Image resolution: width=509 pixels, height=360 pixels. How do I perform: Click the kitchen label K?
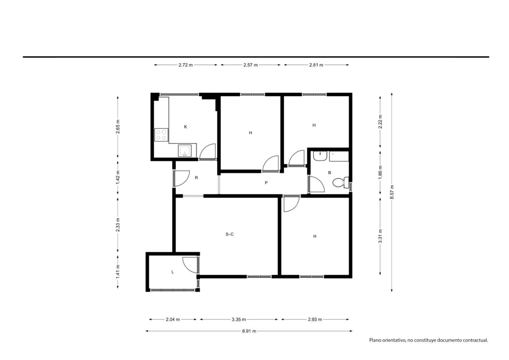point(185,127)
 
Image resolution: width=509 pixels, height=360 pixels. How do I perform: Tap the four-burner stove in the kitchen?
point(161,135)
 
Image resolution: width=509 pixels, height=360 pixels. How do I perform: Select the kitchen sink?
point(185,151)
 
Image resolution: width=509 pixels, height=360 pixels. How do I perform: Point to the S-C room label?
point(229,234)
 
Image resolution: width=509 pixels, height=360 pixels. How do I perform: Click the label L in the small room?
point(173,272)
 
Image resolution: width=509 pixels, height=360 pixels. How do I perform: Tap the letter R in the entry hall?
point(196,178)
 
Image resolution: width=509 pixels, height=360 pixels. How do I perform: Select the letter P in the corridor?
point(266,183)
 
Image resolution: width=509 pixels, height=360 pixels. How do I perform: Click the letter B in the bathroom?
point(330,173)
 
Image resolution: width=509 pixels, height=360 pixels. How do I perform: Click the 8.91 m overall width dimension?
point(249,331)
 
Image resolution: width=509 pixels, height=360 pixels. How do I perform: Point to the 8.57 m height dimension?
point(392,192)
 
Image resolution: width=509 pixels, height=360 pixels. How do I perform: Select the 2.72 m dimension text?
point(185,65)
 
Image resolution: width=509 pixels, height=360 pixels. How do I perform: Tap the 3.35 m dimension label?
point(239,320)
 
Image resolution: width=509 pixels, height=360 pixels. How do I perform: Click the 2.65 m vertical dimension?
point(118,127)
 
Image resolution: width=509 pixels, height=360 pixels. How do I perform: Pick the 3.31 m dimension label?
point(380,236)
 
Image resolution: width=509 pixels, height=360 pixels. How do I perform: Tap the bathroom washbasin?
point(320,156)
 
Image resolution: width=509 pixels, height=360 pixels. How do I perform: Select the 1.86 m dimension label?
point(380,173)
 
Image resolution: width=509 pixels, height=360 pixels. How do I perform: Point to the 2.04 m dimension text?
point(173,320)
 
